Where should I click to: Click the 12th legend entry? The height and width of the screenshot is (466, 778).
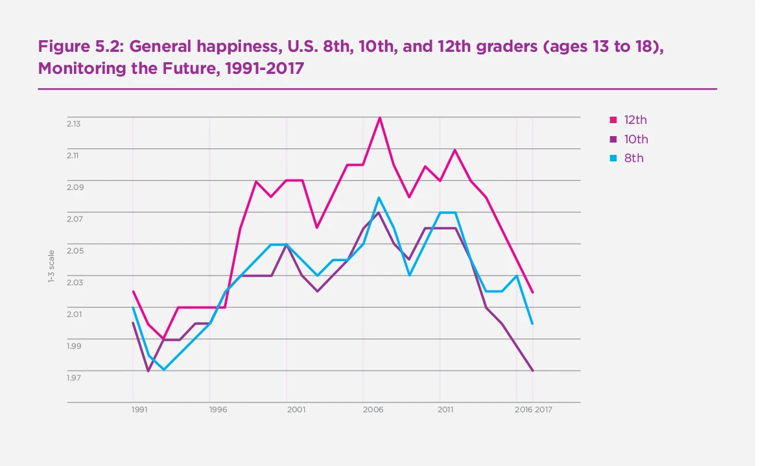[x=635, y=120]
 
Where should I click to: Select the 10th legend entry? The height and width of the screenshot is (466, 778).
[x=635, y=139]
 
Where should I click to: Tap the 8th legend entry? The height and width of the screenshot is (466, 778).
[x=633, y=158]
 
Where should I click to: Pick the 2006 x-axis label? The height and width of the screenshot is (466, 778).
[x=372, y=410]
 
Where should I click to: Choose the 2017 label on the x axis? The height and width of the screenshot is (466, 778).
[x=544, y=410]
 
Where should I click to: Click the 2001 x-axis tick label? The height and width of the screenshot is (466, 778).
[x=296, y=410]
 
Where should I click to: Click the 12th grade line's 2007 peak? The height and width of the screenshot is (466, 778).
[x=379, y=117]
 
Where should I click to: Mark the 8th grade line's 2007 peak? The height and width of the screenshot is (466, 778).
[x=379, y=197]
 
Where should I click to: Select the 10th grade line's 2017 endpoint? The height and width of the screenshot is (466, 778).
[x=532, y=371]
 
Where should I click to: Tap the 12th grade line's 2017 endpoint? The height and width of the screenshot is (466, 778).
[x=532, y=292]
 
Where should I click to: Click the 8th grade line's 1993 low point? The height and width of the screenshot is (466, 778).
[x=164, y=370]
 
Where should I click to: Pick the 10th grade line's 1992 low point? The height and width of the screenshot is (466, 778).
[x=148, y=371]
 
